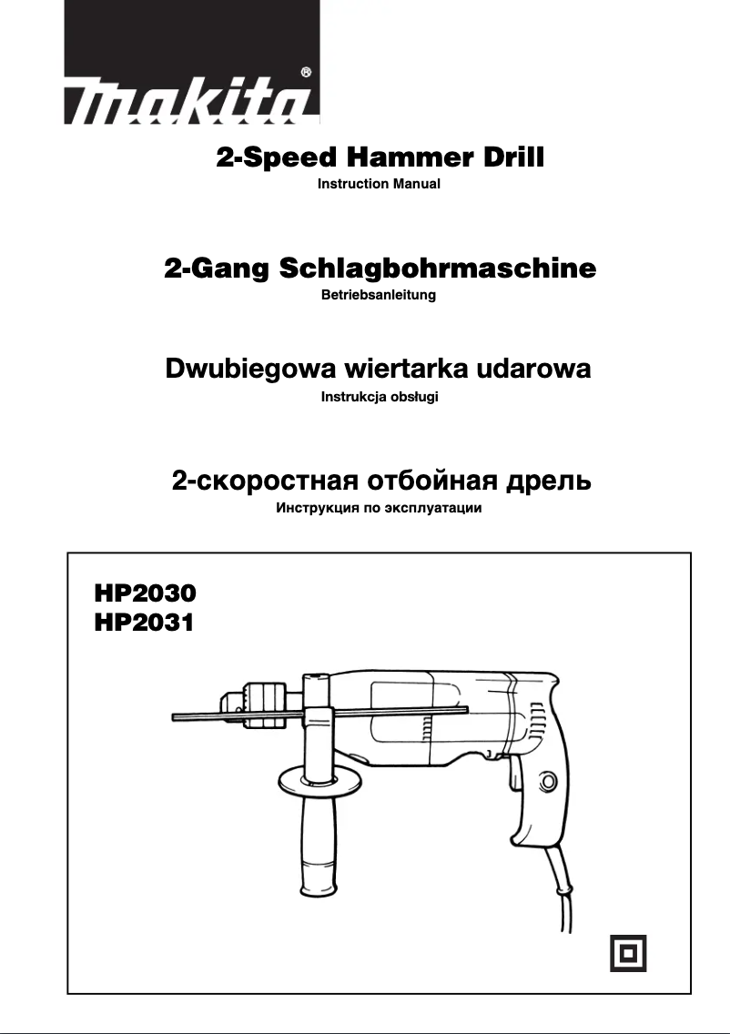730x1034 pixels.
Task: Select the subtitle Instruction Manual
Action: pyautogui.click(x=379, y=184)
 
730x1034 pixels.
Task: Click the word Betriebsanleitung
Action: pyautogui.click(x=379, y=295)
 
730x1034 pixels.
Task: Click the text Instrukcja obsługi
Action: pyautogui.click(x=380, y=398)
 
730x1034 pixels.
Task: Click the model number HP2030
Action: pyautogui.click(x=145, y=593)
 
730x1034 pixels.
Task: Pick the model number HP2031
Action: pyautogui.click(x=144, y=623)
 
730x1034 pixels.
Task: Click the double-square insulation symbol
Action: pyautogui.click(x=628, y=952)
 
